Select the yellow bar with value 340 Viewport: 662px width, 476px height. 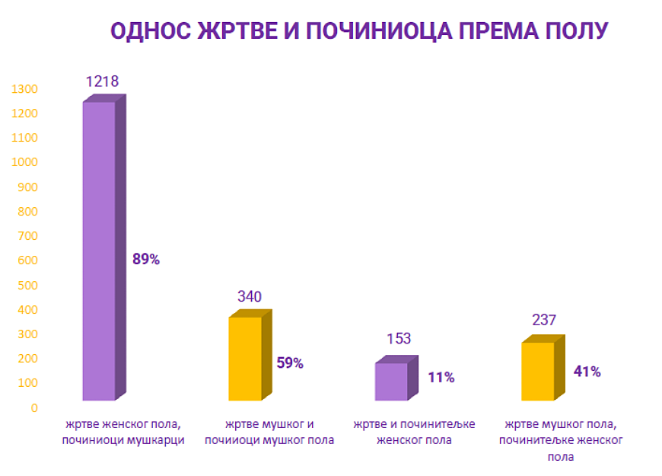coord(245,358)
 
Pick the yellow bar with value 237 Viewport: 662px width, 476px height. coord(538,371)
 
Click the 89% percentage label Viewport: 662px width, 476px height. coord(146,259)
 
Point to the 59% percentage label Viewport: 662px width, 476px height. coord(290,363)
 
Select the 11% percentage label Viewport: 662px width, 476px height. coord(441,377)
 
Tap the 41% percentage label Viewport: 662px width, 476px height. coord(587,372)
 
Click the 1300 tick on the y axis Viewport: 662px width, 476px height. coord(25,89)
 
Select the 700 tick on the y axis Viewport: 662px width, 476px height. coord(28,236)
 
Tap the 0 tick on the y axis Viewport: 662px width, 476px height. coord(34,407)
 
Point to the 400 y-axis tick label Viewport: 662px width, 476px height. coord(28,309)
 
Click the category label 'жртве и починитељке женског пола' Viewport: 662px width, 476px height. coord(403,432)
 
